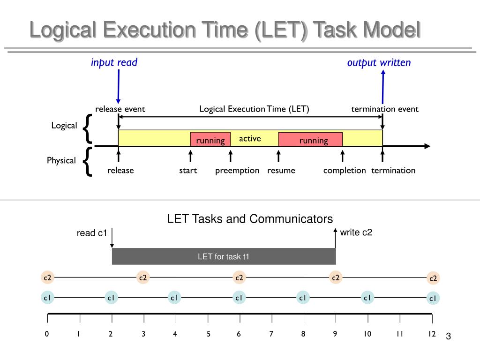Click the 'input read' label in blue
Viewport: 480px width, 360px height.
[114, 63]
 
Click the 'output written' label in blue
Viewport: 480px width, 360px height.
[379, 63]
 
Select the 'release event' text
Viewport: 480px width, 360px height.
[120, 109]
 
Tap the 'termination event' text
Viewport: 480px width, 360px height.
[385, 109]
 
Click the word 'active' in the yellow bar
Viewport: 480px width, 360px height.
[250, 139]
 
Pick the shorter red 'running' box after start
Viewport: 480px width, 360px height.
[210, 140]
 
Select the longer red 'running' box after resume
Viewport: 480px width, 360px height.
[310, 140]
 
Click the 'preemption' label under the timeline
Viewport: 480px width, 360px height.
[237, 171]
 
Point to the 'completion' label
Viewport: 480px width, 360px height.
[345, 171]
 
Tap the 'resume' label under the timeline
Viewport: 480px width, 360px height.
[281, 171]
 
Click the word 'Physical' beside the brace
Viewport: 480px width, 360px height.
[61, 161]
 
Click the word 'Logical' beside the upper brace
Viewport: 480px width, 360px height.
[64, 126]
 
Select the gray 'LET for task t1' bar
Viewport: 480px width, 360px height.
[224, 256]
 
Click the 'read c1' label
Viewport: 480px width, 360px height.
[92, 233]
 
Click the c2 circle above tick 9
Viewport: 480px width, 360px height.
[335, 277]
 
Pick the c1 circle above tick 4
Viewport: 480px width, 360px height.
[174, 297]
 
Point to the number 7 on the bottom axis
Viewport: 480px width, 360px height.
[271, 334]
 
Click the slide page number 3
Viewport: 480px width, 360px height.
[448, 337]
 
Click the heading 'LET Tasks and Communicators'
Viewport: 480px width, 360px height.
[250, 219]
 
